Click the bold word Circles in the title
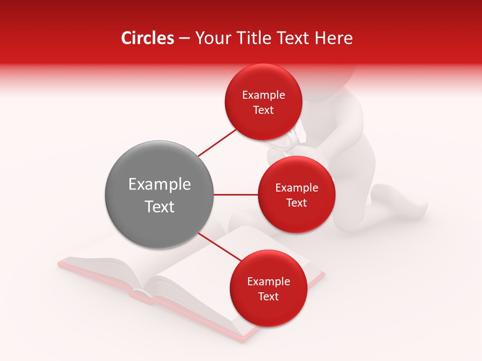(x=147, y=38)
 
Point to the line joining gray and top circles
(x=217, y=142)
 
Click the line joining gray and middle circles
(x=236, y=195)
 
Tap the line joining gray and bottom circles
(x=219, y=247)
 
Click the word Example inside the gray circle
(x=160, y=185)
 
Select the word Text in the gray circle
(x=160, y=207)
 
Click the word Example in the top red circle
(x=264, y=95)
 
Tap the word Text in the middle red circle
(x=296, y=203)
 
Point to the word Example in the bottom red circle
(x=269, y=282)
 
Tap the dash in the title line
(x=184, y=39)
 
